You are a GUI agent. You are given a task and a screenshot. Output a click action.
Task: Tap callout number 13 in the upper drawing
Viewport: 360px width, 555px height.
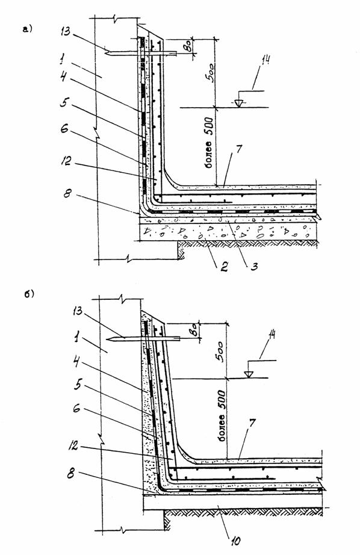point(66,31)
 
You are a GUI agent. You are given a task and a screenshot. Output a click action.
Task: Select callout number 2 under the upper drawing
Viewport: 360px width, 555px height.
point(224,266)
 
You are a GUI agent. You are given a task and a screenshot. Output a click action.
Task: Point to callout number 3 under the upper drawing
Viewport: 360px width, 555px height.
point(254,266)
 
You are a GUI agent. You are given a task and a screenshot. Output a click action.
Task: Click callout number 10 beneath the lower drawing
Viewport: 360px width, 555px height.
point(235,541)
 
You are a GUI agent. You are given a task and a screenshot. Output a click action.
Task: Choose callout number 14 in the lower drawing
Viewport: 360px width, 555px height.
point(272,335)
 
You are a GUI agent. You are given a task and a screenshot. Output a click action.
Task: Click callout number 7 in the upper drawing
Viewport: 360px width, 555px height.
point(239,149)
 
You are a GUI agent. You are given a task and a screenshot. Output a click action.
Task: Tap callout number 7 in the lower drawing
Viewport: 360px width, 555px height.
point(252,422)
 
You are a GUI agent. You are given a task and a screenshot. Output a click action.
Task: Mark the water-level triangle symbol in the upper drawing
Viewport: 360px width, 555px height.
point(239,103)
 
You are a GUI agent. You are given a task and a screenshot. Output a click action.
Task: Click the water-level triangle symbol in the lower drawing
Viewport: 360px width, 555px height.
point(249,373)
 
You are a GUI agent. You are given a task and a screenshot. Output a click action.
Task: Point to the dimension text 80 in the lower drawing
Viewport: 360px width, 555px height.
point(193,332)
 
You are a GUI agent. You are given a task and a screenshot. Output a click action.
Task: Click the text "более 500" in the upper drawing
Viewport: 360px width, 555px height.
point(209,142)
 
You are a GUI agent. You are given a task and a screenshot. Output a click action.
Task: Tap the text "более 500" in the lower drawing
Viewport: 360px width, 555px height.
point(222,417)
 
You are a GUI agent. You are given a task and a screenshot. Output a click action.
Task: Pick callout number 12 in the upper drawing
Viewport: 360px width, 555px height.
point(66,161)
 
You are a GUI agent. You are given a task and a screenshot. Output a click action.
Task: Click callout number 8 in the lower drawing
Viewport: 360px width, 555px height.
point(71,474)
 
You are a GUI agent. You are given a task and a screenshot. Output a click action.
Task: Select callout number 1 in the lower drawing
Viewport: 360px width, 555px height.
point(76,339)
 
